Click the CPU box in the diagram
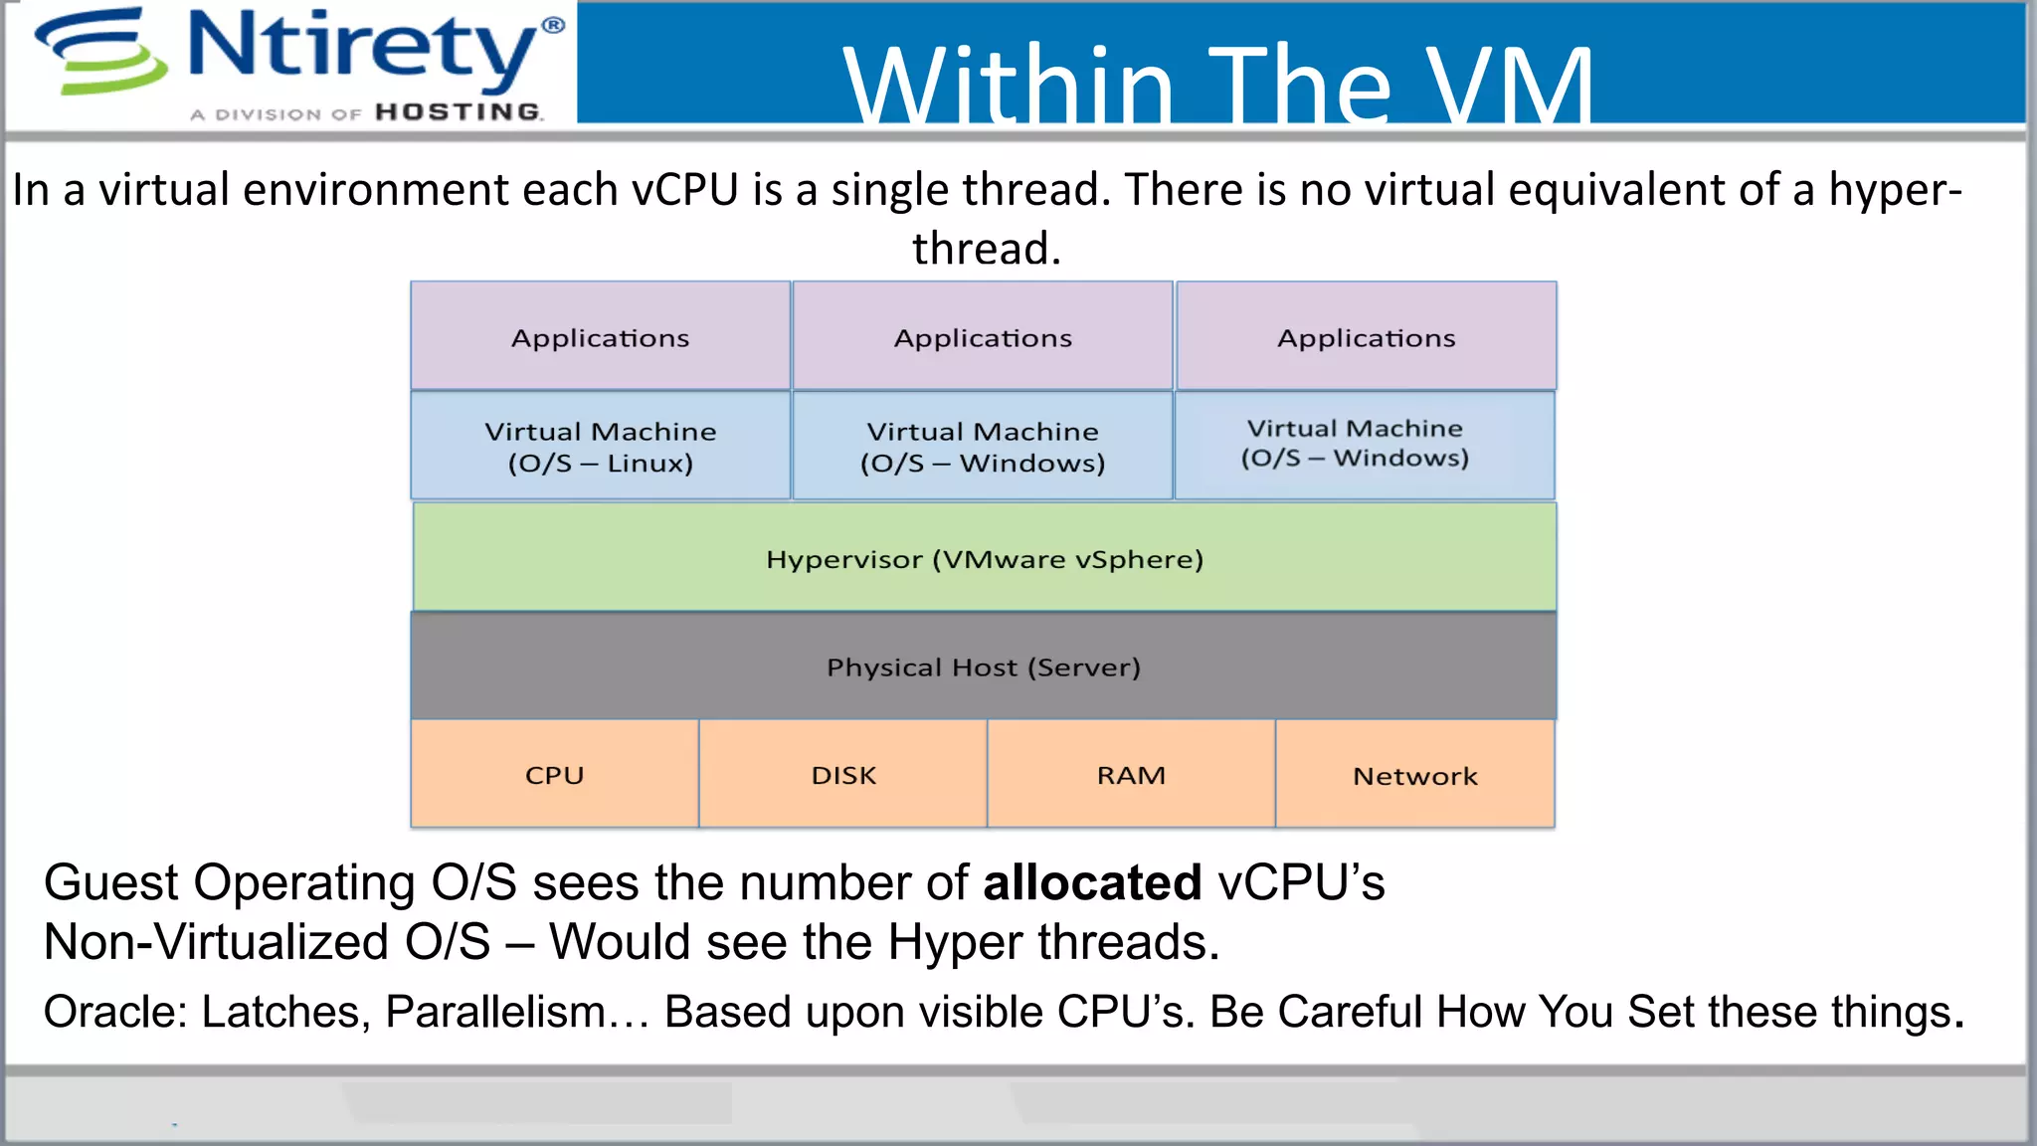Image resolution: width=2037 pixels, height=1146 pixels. point(554,774)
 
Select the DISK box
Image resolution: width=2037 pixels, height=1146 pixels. point(843,774)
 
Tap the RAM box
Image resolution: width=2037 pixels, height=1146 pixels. point(1131,774)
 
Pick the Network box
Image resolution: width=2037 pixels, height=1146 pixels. point(1414,775)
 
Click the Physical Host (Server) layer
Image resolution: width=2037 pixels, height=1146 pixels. point(983,666)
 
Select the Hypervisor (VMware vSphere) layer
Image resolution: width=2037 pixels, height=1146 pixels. point(984,558)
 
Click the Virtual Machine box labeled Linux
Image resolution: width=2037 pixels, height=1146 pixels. point(600,447)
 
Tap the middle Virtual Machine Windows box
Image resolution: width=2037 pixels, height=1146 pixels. point(983,447)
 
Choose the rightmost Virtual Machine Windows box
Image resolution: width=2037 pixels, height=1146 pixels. point(1364,445)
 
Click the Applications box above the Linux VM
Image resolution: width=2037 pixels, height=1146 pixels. point(600,337)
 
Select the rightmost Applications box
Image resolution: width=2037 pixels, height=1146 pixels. point(1366,337)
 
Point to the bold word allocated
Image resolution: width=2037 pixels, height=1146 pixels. point(1092,882)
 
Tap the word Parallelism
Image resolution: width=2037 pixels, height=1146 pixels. point(495,1012)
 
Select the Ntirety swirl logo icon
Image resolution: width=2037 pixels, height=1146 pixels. point(100,52)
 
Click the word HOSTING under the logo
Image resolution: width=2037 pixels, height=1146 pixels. point(459,112)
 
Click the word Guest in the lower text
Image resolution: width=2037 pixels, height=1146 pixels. point(110,882)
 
